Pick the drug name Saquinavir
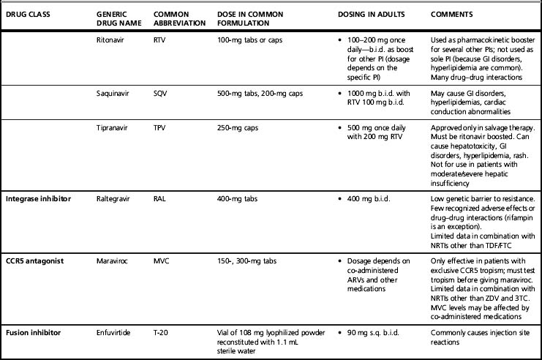114,94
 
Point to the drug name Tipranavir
113,129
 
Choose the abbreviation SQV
162,94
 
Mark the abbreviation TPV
162,129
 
